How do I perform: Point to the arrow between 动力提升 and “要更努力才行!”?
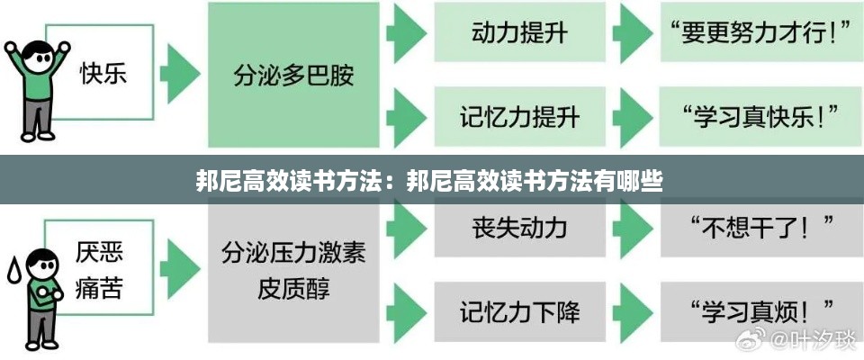[634, 34]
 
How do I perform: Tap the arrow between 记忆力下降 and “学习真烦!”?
[634, 311]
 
